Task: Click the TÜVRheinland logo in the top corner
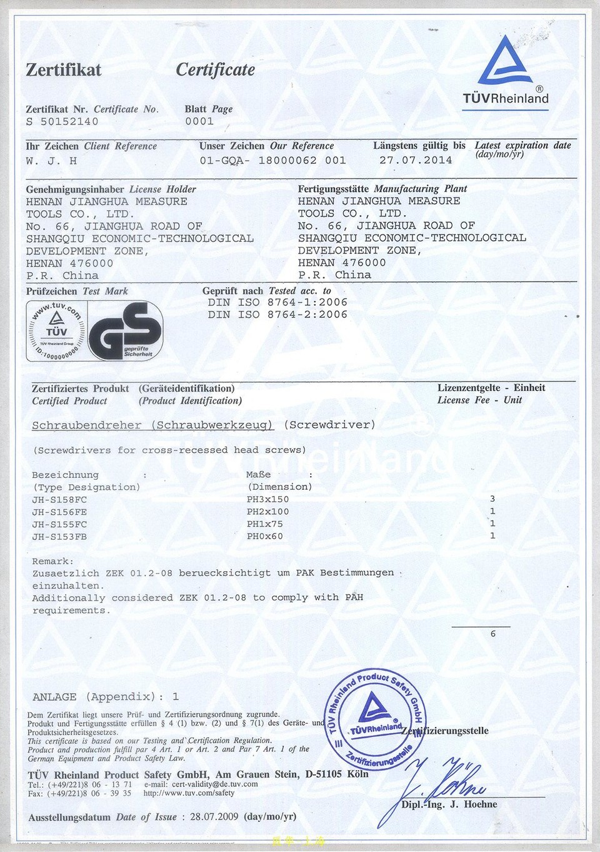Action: (x=505, y=71)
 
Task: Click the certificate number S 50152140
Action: (x=62, y=121)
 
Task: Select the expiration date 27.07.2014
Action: (x=416, y=160)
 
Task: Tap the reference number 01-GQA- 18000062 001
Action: (x=272, y=160)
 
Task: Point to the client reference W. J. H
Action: (x=51, y=161)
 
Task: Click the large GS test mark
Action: (x=126, y=332)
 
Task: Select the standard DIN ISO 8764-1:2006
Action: (x=277, y=302)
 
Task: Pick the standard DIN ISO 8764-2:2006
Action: (x=277, y=315)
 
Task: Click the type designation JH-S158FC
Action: (x=59, y=500)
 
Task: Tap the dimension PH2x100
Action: (x=267, y=512)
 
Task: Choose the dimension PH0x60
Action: (x=264, y=536)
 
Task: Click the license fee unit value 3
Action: (x=492, y=499)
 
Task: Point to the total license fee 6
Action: (x=492, y=634)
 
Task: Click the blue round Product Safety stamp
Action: (x=374, y=719)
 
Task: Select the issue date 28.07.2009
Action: (x=214, y=816)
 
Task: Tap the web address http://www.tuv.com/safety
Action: (x=189, y=793)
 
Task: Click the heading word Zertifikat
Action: (x=63, y=69)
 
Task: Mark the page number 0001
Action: (x=199, y=121)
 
